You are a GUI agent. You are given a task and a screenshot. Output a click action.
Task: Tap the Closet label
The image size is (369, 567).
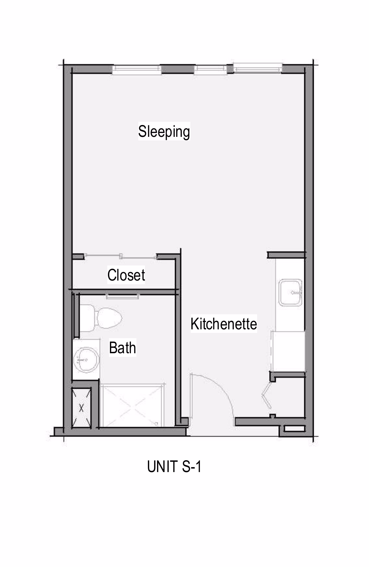[x=126, y=275]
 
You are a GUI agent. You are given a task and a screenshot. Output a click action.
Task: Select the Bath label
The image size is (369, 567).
[x=122, y=348]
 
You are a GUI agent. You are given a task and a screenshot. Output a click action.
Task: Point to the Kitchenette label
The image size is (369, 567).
[x=224, y=324]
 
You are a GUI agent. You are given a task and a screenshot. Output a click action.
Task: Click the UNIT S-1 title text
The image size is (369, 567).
[x=174, y=466]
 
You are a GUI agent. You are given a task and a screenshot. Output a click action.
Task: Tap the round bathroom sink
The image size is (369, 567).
[x=86, y=360]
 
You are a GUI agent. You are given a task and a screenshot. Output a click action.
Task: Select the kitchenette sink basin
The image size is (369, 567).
[x=290, y=292]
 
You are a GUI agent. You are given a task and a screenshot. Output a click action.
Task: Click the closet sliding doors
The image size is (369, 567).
[x=120, y=256]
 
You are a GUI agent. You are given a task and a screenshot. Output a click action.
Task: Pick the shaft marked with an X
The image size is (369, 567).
[x=81, y=408]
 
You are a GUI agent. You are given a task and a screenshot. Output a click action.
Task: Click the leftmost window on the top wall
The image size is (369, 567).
[x=137, y=69]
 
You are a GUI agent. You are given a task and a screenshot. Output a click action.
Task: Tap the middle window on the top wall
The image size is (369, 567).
[x=210, y=69]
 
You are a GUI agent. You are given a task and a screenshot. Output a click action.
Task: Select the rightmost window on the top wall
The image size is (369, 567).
[x=257, y=68]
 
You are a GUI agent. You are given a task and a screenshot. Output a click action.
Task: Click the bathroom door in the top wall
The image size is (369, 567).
[x=123, y=297]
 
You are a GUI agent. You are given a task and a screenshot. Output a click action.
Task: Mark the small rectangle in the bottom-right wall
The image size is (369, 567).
[x=293, y=429]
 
